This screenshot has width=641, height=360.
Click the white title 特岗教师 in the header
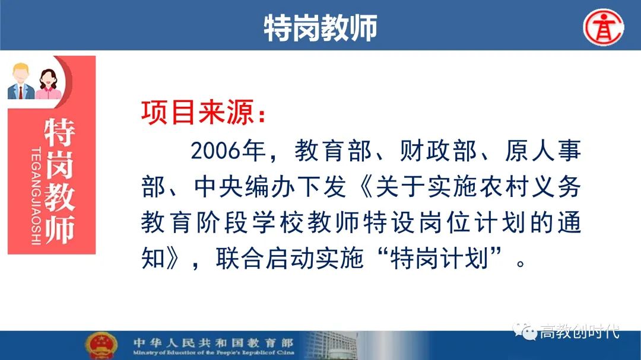(320, 28)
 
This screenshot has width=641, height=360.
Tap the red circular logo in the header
(604, 27)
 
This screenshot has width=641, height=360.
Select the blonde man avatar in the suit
(20, 81)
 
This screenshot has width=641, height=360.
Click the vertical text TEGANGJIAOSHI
(36, 196)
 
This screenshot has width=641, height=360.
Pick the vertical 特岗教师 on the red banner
(60, 181)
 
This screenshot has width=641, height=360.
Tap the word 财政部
(438, 151)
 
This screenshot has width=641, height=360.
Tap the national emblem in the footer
(101, 345)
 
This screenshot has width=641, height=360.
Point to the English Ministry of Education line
(214, 352)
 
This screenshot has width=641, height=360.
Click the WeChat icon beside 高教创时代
(525, 331)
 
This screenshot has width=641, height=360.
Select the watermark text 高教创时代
(579, 332)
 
